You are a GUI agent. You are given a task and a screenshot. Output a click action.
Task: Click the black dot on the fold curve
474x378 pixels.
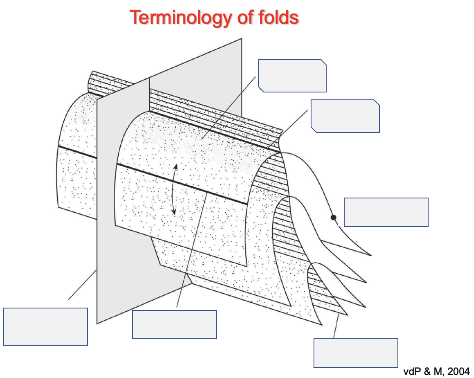tap(334, 217)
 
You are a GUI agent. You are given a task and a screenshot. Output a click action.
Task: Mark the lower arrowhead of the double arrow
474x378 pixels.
tap(174, 212)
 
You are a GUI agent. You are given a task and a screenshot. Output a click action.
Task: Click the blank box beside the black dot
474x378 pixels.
tap(386, 212)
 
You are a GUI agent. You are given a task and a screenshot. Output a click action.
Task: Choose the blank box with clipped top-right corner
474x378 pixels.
tap(292, 76)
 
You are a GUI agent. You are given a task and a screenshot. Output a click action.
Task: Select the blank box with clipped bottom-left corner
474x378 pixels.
tap(345, 116)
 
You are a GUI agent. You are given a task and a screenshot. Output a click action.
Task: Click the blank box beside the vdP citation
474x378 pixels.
tap(356, 353)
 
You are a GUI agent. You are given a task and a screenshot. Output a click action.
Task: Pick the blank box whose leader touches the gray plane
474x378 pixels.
tap(45, 326)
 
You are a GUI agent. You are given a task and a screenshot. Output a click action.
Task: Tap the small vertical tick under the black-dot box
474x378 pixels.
tap(356, 236)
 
